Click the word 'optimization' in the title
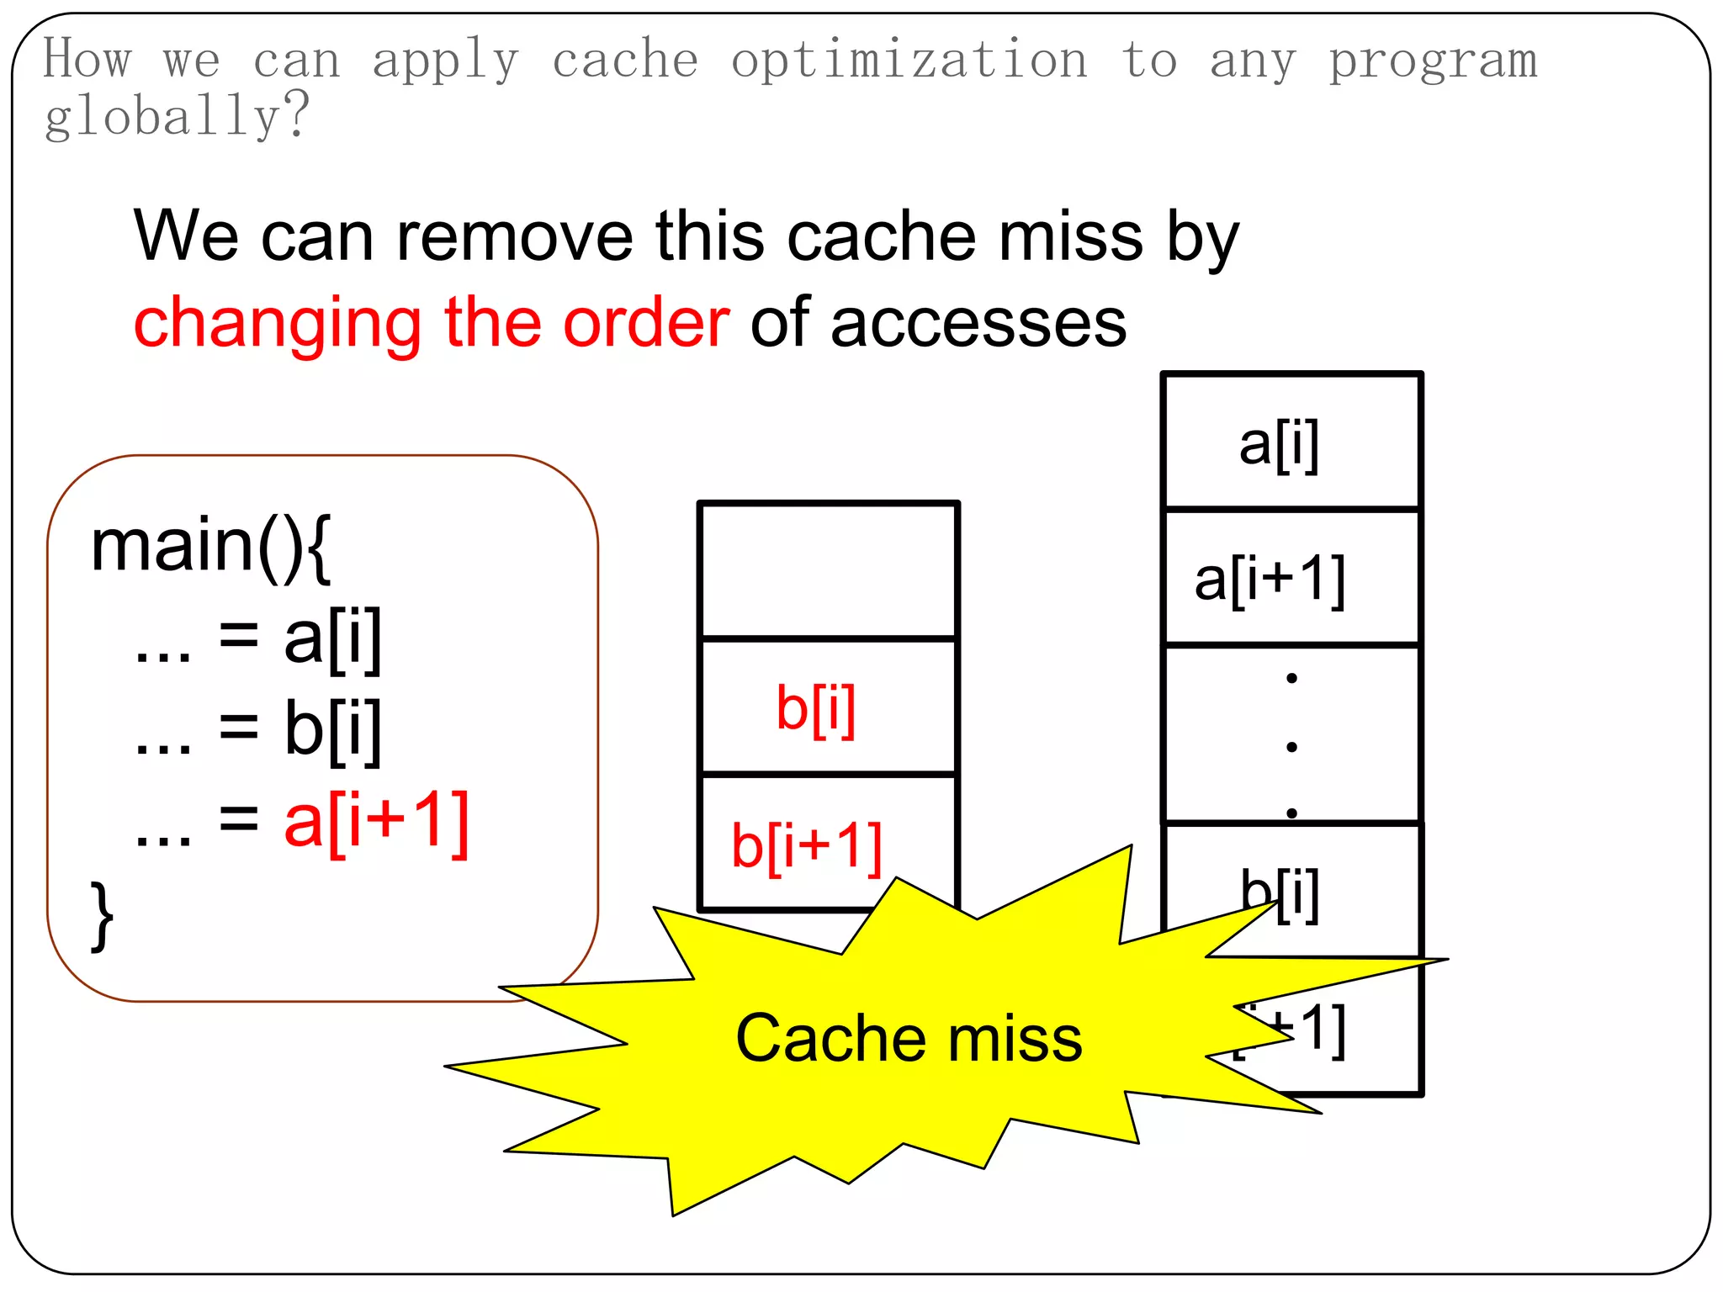tap(909, 61)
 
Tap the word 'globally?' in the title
tap(177, 116)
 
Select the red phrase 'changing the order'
tap(431, 322)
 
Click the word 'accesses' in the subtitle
tap(978, 322)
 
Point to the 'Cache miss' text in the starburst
tap(909, 1038)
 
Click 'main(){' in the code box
tap(211, 546)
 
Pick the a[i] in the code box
tap(333, 638)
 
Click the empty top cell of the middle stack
tap(829, 570)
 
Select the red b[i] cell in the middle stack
tap(815, 707)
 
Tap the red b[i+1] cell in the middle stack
tap(807, 845)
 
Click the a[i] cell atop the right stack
tap(1279, 443)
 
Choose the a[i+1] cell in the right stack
tap(1270, 579)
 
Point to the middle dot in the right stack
tap(1291, 745)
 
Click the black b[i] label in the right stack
tap(1280, 893)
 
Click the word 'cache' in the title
tap(625, 61)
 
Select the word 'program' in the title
tap(1433, 61)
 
